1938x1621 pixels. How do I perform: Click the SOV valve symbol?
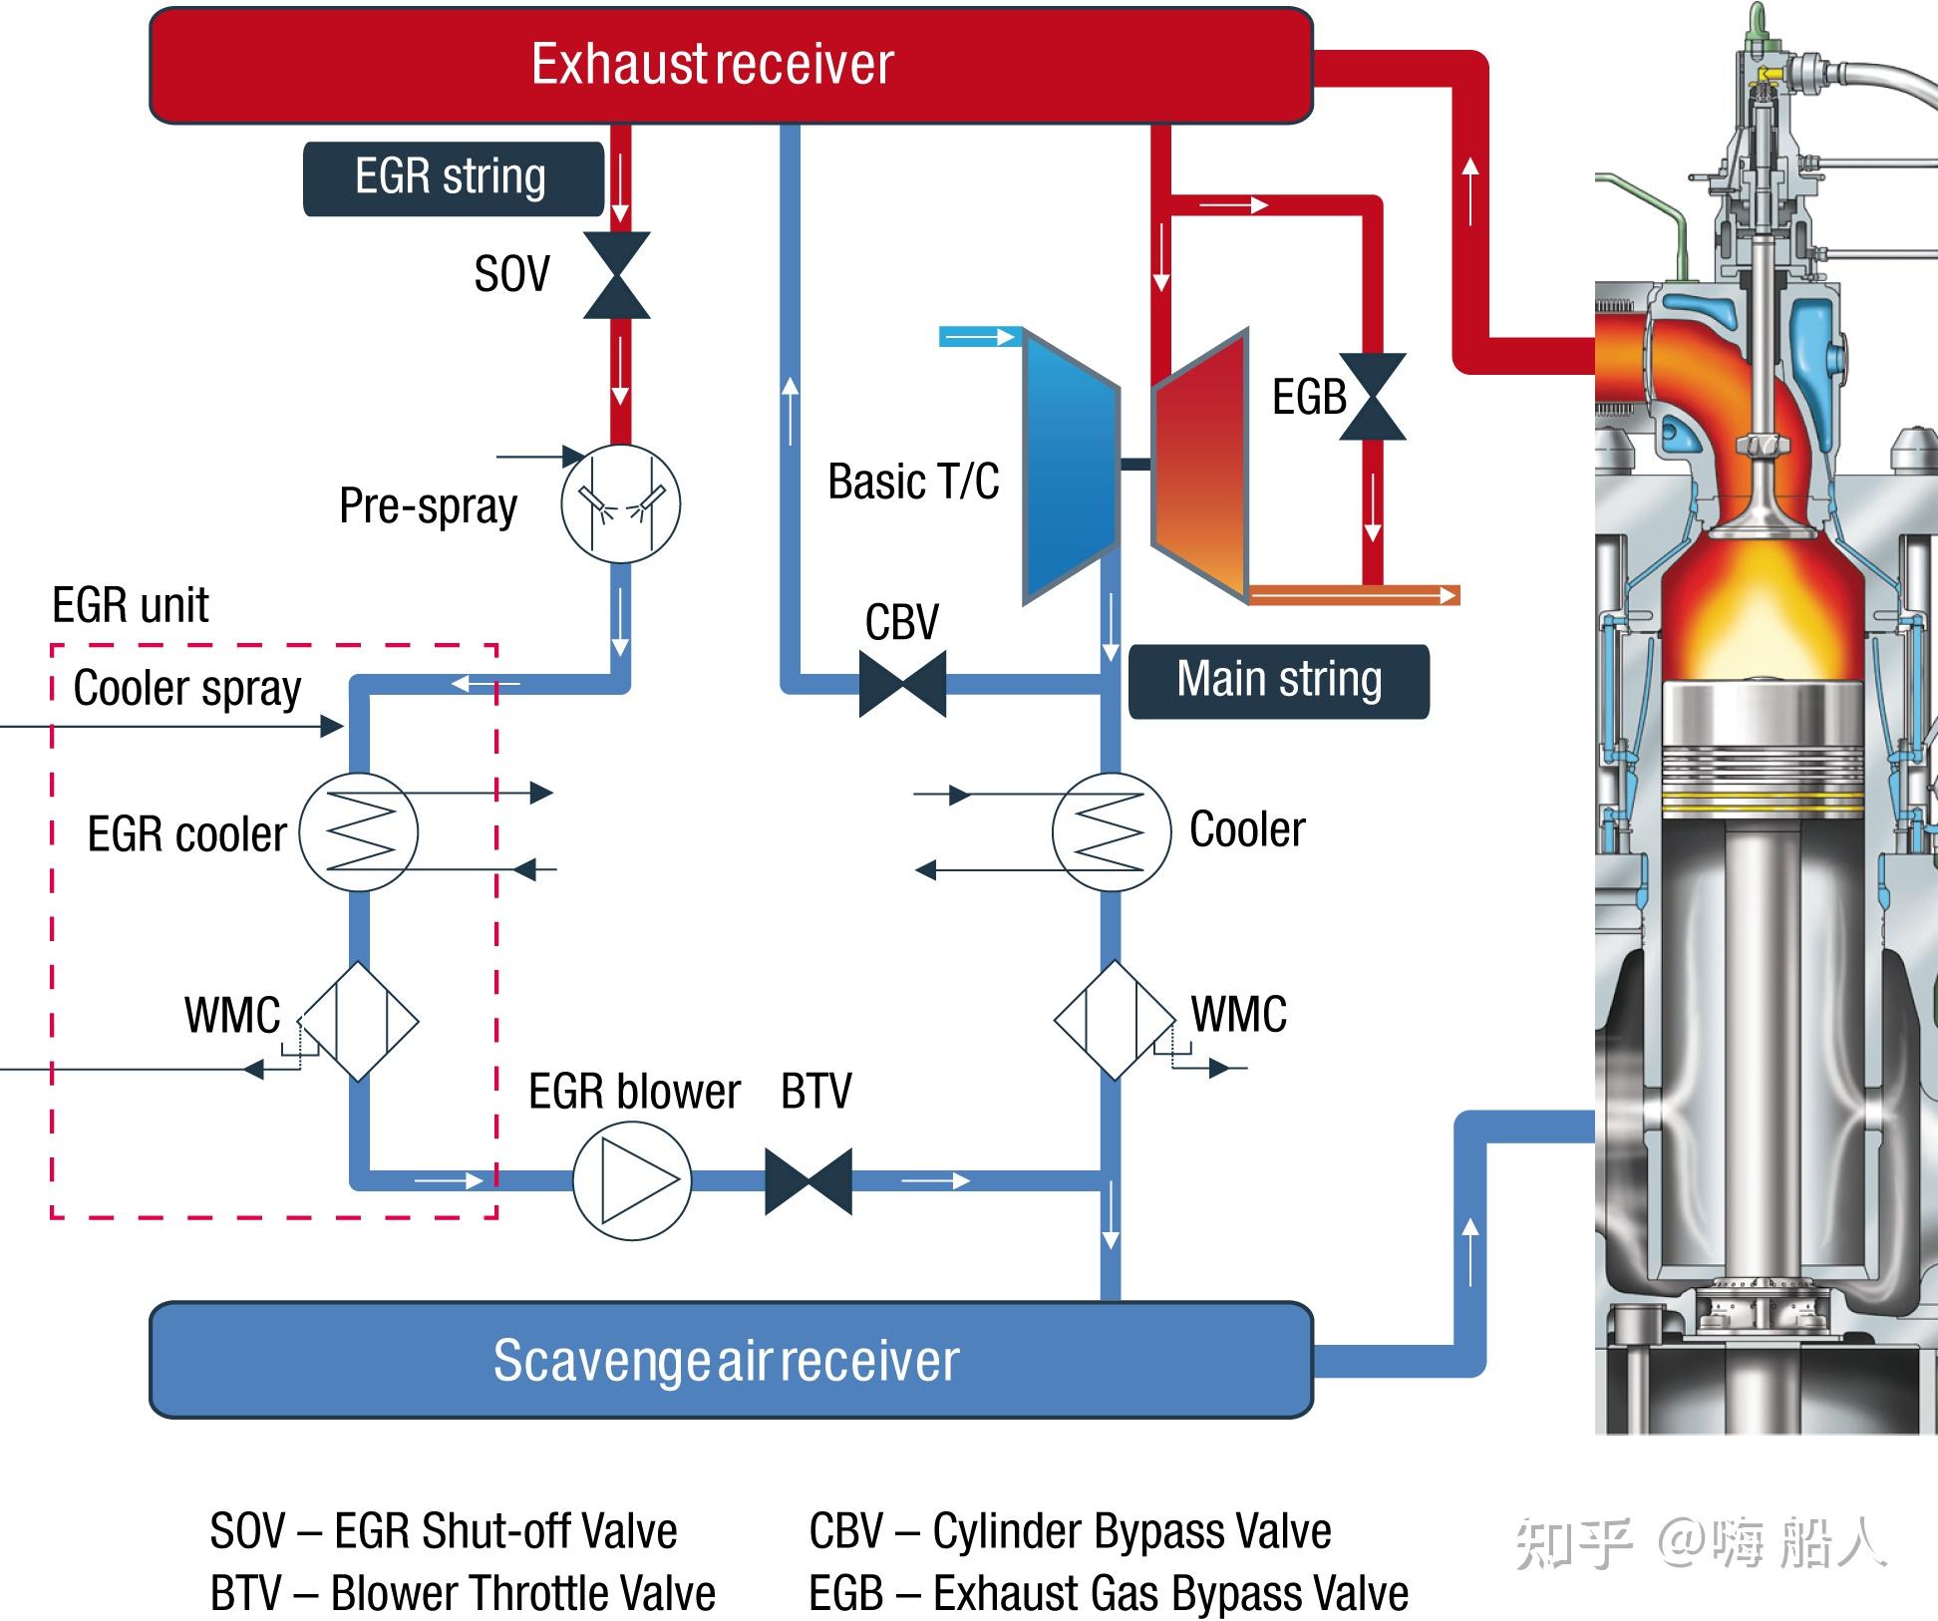(617, 275)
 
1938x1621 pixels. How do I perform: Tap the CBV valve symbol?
(902, 684)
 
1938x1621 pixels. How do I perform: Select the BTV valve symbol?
(808, 1181)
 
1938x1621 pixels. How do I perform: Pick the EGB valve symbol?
(1373, 397)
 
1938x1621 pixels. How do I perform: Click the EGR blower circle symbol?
(632, 1181)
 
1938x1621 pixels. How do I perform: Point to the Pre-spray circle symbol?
(620, 503)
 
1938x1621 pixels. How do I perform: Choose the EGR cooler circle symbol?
(359, 832)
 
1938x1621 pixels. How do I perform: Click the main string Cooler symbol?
(1112, 832)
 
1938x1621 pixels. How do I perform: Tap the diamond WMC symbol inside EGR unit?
(359, 1021)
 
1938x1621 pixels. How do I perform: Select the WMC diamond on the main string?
(1115, 1020)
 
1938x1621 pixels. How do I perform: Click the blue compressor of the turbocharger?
(1071, 467)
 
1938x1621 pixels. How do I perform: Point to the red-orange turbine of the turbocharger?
(1200, 465)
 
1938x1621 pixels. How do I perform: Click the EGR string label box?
(454, 178)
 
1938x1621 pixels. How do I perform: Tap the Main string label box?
(1279, 682)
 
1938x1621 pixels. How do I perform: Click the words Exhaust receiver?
(712, 65)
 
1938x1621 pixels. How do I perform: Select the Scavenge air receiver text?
(726, 1360)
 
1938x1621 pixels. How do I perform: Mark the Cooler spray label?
(186, 688)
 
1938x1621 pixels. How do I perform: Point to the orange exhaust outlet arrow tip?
(1459, 595)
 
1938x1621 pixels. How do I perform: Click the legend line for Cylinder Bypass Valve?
(1070, 1531)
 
